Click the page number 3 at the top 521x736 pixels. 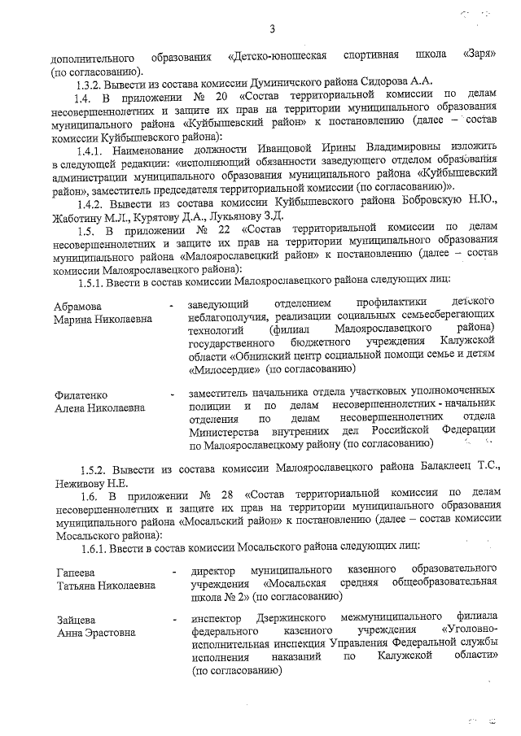pyautogui.click(x=273, y=30)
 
